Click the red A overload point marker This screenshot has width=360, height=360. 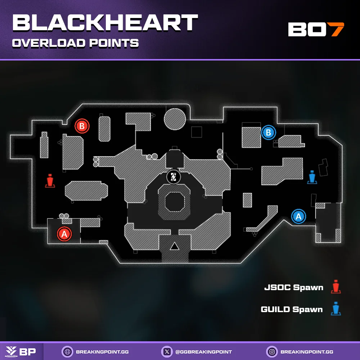(64, 234)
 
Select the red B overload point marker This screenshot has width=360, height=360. (82, 126)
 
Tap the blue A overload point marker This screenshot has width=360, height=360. (298, 216)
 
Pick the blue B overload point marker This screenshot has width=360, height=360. (268, 132)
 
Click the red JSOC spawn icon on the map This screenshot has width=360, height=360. (50, 181)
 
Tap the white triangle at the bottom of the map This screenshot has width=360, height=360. (175, 247)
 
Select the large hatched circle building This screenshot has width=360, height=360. (175, 119)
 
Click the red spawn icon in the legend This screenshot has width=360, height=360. (336, 287)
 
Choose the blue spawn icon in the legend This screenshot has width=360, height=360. (336, 309)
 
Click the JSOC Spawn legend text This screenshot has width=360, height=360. (294, 288)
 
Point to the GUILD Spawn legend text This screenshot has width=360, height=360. (292, 309)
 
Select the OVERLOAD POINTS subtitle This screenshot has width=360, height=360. (76, 43)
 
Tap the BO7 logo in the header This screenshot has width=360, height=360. (316, 30)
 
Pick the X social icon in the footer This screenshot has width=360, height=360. (166, 351)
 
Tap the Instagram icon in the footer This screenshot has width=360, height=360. (271, 351)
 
